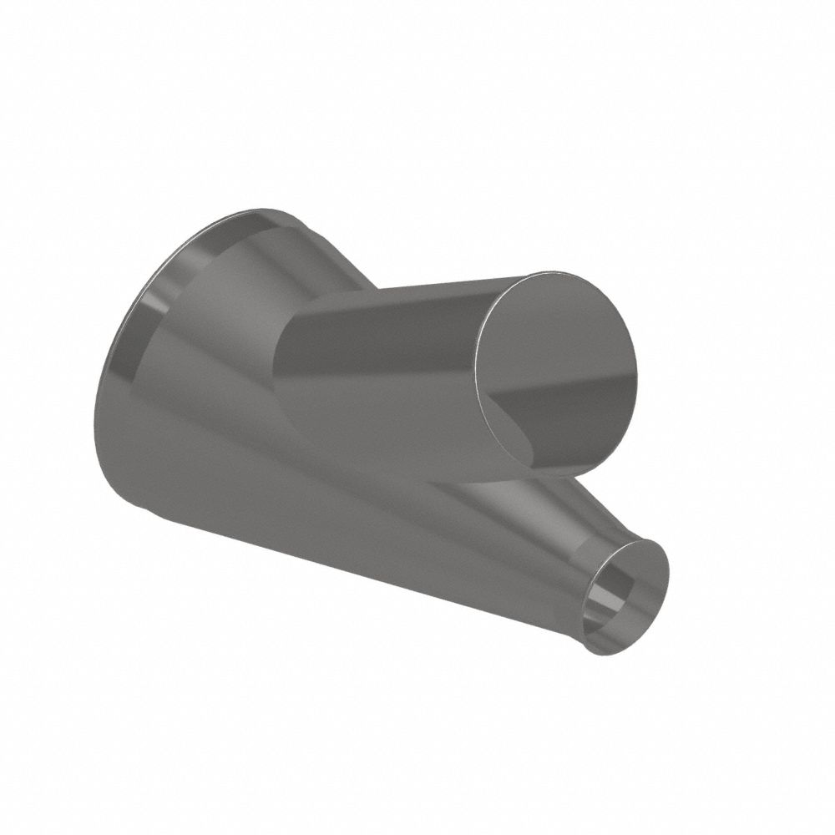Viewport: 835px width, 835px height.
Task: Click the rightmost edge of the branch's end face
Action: coord(636,367)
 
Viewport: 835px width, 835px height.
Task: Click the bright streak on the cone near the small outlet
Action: coord(534,509)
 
